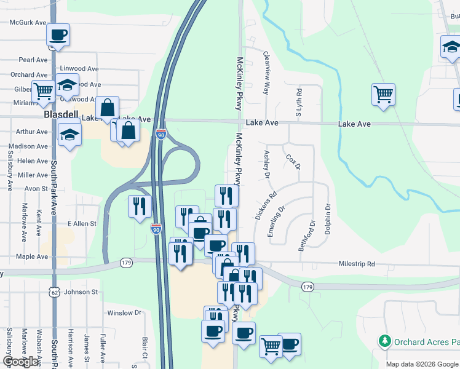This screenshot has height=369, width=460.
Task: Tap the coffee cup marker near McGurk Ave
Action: (x=58, y=35)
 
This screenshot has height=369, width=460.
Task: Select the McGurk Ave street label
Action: (x=28, y=22)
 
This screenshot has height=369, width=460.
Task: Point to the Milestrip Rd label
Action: (x=357, y=264)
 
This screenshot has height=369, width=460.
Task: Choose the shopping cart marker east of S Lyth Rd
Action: (x=383, y=95)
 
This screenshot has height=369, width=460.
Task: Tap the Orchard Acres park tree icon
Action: (x=385, y=340)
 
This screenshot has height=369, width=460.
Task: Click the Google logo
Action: (x=21, y=362)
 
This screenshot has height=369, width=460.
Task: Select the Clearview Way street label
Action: (x=266, y=73)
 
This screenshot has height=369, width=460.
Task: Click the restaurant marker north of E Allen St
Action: (x=140, y=206)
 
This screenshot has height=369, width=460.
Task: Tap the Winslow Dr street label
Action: (x=124, y=313)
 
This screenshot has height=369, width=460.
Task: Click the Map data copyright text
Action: (x=421, y=364)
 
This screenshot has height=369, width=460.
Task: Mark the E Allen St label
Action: (x=82, y=224)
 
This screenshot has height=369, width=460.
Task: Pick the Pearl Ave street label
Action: (x=33, y=60)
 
